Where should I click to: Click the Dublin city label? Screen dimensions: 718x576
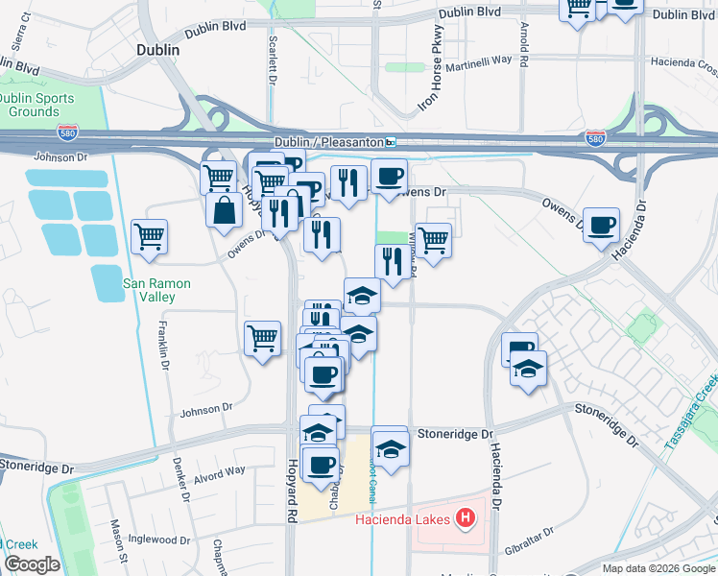(158, 50)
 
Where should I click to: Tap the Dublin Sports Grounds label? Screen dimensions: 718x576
(29, 105)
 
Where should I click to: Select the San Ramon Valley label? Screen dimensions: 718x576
(156, 290)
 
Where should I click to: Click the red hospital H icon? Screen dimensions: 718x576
(466, 519)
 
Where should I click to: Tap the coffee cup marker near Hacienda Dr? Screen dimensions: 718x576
(601, 226)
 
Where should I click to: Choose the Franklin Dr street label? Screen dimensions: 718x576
(163, 346)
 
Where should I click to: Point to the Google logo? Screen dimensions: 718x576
(31, 564)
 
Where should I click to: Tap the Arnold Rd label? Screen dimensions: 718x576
(524, 39)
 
